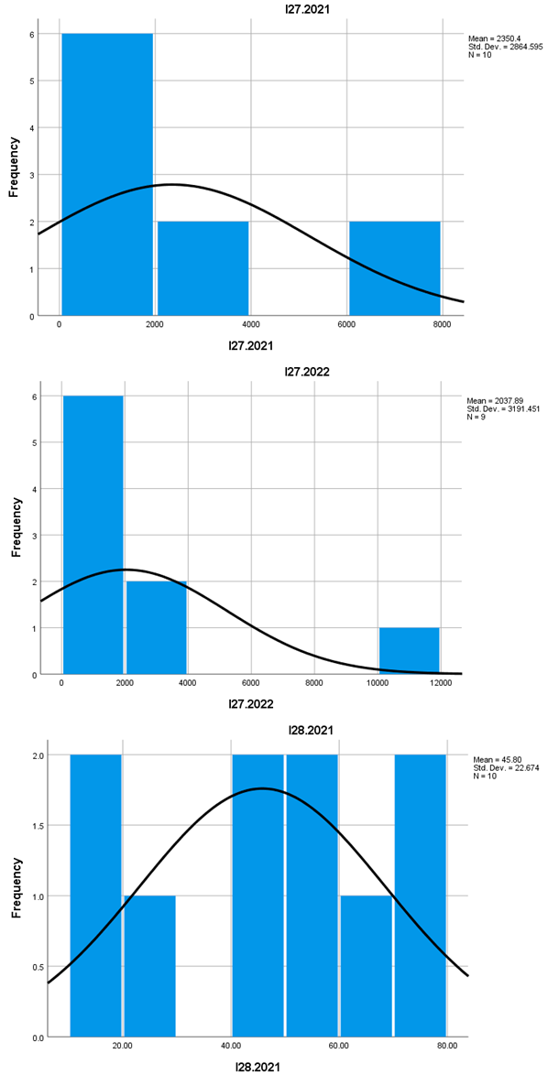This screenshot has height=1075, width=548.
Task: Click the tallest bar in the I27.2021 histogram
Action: point(106,174)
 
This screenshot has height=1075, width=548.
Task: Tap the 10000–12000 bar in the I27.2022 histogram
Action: point(409,651)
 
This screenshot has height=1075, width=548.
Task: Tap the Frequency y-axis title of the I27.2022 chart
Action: point(16,527)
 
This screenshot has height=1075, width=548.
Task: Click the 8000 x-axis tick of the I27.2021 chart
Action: point(441,324)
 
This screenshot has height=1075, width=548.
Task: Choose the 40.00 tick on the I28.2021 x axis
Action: point(230,1046)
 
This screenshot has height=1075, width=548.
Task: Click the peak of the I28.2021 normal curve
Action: point(263,788)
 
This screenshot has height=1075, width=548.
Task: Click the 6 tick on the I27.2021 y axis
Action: point(46,34)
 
